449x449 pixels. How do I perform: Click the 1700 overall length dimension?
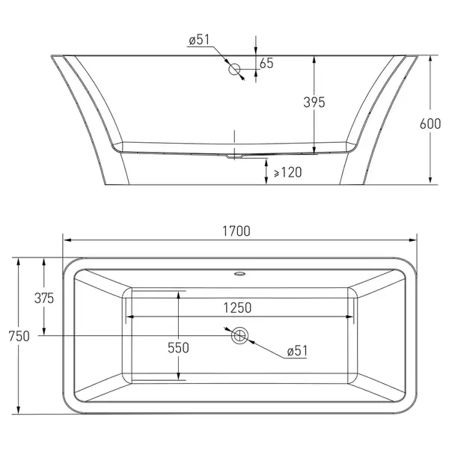(236, 231)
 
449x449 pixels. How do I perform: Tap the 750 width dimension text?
(19, 336)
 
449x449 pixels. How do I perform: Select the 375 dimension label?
(44, 298)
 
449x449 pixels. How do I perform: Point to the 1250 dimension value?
(237, 308)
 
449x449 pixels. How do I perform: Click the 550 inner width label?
(178, 348)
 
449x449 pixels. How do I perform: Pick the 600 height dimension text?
(430, 123)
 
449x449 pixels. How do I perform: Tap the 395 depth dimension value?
(314, 103)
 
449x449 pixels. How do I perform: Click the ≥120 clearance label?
(288, 172)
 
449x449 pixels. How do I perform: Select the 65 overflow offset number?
(266, 63)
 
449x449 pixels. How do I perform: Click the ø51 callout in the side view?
(199, 40)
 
